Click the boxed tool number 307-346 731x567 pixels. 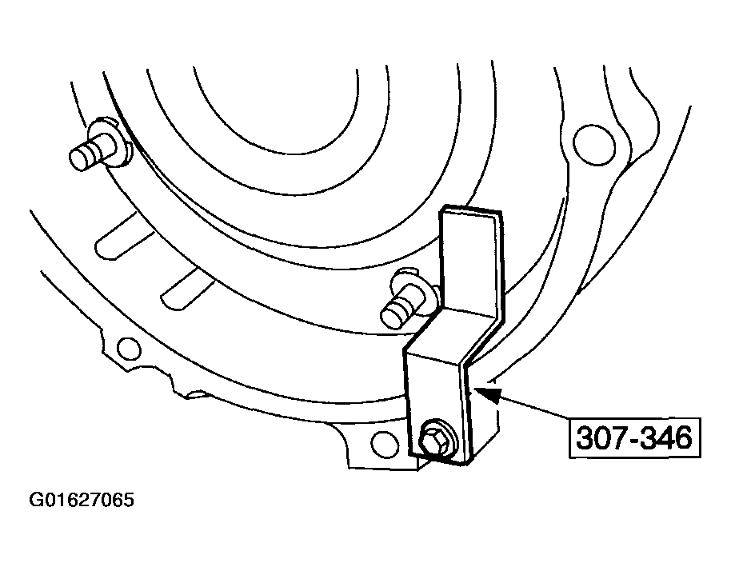[x=634, y=437]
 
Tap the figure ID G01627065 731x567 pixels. [x=82, y=500]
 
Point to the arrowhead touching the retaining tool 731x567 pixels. [x=488, y=392]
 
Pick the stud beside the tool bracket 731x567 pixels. [x=406, y=299]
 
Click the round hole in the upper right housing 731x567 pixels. [x=591, y=144]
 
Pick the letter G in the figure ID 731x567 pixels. [x=36, y=500]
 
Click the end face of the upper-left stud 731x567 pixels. [x=78, y=158]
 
